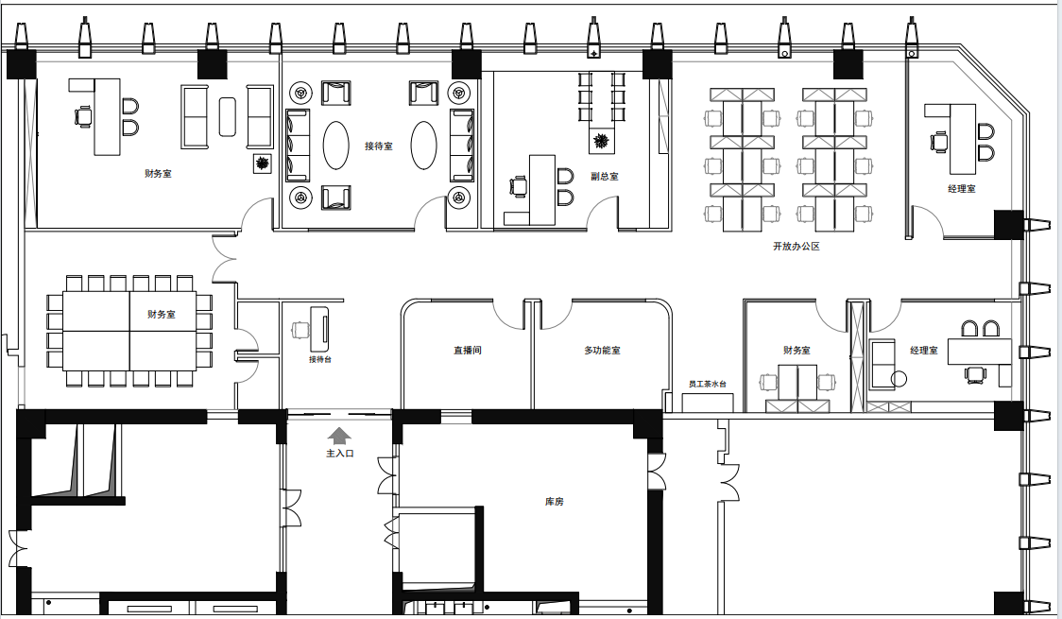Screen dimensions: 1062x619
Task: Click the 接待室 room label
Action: [379, 146]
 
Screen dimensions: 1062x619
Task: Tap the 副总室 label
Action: [604, 176]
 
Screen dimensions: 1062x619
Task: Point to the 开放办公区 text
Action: [796, 247]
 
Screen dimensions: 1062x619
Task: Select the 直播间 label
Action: [468, 350]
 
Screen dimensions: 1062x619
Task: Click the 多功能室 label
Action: [602, 350]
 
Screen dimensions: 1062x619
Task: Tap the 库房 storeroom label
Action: [554, 502]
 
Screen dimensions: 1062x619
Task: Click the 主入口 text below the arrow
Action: [340, 453]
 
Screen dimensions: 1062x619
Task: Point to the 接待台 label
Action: [320, 359]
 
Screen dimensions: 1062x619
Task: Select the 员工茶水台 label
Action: [707, 384]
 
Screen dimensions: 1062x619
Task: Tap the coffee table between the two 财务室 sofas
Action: [228, 116]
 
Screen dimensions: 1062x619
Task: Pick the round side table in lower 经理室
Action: [899, 379]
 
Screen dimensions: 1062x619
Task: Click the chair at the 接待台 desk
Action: [300, 330]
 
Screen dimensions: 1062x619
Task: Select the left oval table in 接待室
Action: [336, 145]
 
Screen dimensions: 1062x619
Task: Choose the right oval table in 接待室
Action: [424, 145]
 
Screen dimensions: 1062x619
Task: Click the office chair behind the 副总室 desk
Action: [518, 186]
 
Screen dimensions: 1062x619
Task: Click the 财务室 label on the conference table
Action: [162, 315]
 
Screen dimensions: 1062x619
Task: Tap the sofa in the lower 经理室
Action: [882, 365]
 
